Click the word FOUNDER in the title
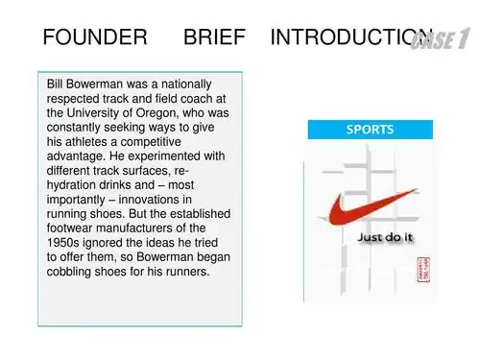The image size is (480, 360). pos(95,38)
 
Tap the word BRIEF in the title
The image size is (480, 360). pos(215,38)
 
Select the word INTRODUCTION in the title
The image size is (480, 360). pos(341,38)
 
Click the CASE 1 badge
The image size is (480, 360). pos(441,39)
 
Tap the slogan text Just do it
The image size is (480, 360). pos(383,235)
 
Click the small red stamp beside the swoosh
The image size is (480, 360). pos(419,269)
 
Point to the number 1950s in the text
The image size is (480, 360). pos(65,243)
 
